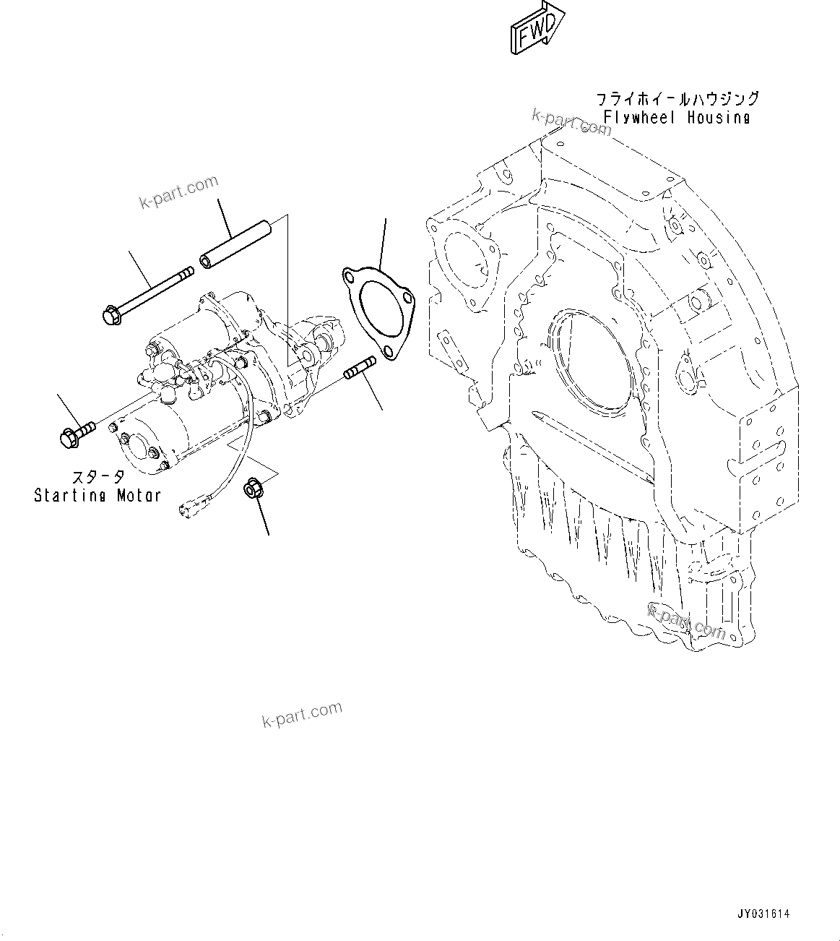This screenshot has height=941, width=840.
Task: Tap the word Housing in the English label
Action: point(719,117)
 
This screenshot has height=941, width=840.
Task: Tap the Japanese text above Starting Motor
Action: point(98,478)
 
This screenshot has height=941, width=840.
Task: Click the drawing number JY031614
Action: point(763,914)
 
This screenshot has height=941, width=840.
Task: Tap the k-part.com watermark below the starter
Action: point(302,714)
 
